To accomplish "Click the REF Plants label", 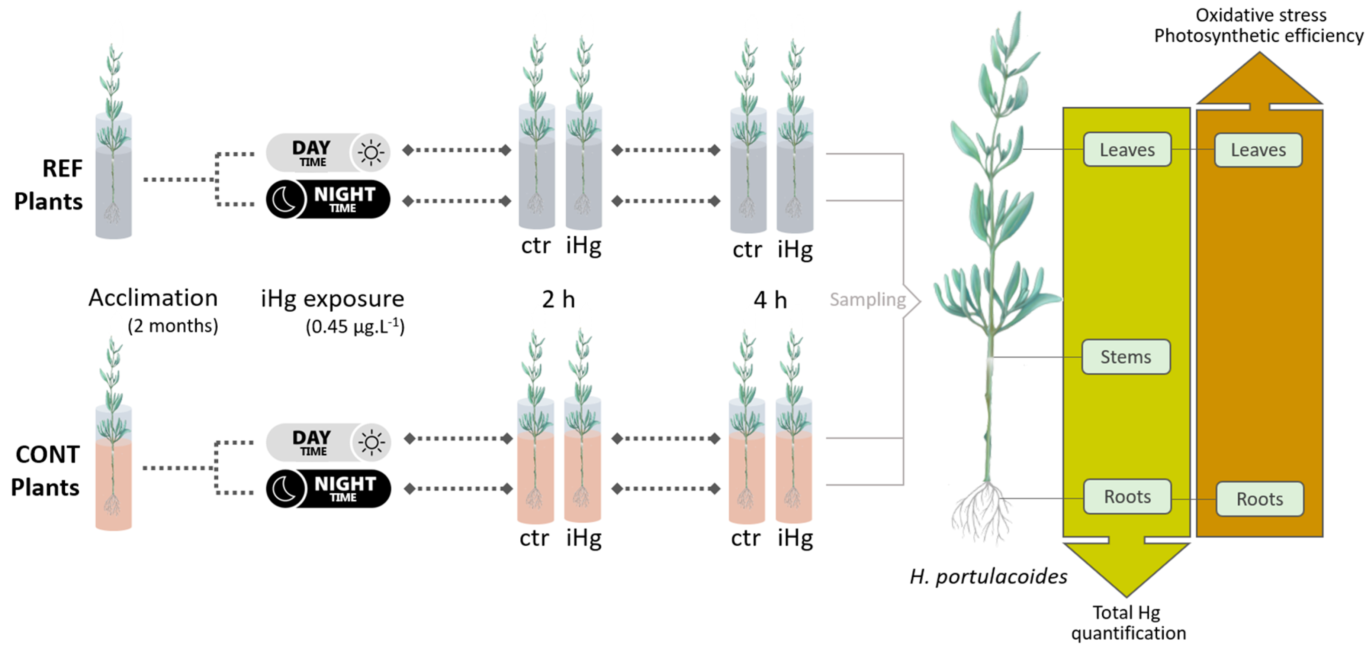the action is (49, 185).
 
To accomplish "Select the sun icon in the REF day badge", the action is (371, 153).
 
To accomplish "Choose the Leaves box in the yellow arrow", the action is (1127, 150).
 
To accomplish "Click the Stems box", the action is (1126, 357).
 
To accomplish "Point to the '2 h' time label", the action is (558, 300).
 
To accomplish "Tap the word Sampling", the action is (868, 300).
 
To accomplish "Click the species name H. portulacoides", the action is (989, 577).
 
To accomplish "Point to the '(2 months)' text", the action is (173, 326).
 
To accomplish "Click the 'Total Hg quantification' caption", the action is (1128, 623).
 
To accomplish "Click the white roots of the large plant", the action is (981, 514).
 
